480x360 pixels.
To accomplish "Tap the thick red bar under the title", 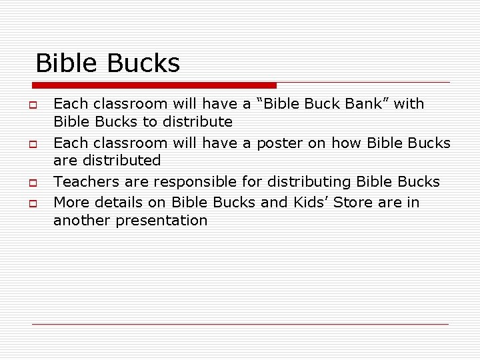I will point(154,85).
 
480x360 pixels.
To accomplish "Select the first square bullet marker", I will point(31,105).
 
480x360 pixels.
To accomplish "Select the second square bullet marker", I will point(31,143).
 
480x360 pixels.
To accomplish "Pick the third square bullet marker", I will point(31,182).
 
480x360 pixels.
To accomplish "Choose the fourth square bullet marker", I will point(31,202).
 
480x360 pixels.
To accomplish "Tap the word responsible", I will point(190,181).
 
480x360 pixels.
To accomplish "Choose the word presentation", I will point(162,221).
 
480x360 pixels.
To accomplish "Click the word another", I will point(82,221).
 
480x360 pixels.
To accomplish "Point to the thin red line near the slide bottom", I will point(240,324).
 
